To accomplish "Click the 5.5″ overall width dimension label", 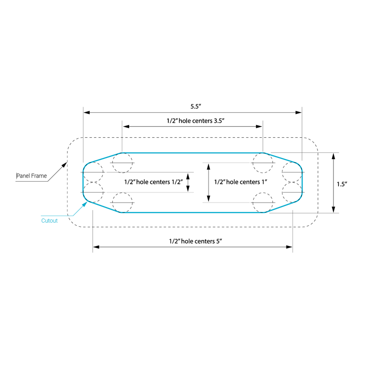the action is click(x=196, y=106).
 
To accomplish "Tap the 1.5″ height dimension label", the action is click(x=342, y=184).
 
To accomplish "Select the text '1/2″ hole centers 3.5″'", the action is click(x=196, y=121).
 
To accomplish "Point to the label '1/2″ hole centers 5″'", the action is click(x=196, y=241).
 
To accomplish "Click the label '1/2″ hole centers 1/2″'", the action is click(x=153, y=182).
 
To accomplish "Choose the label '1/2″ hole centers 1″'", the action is click(x=240, y=182).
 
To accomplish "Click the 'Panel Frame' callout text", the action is click(x=31, y=176).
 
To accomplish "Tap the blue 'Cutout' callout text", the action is click(x=49, y=221).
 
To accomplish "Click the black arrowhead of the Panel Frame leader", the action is click(x=64, y=165).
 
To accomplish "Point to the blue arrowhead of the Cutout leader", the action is click(x=85, y=204).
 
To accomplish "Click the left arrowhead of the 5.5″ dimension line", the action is click(x=86, y=112).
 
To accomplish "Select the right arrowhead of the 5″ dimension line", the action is click(x=289, y=247).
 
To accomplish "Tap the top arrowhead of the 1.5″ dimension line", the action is click(x=334, y=156).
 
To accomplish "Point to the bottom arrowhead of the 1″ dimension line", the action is click(x=209, y=198).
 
